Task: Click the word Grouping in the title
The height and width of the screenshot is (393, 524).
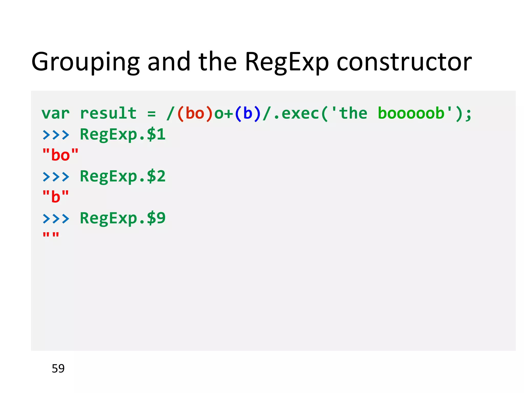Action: click(85, 62)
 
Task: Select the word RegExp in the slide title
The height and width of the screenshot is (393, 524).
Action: click(286, 62)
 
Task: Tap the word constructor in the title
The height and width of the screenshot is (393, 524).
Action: click(404, 62)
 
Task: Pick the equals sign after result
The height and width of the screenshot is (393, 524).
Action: click(151, 114)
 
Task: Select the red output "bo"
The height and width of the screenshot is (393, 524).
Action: click(60, 155)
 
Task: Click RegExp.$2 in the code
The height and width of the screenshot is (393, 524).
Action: click(123, 176)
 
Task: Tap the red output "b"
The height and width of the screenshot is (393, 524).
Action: click(56, 197)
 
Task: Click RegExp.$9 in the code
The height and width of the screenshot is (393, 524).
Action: click(123, 218)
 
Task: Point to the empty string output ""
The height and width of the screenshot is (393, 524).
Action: click(51, 235)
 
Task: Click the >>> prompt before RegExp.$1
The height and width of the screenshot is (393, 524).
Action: click(56, 135)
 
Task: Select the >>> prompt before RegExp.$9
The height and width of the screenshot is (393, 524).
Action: click(56, 219)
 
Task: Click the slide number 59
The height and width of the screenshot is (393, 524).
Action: click(58, 368)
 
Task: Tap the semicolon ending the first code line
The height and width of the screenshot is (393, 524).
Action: click(468, 115)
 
